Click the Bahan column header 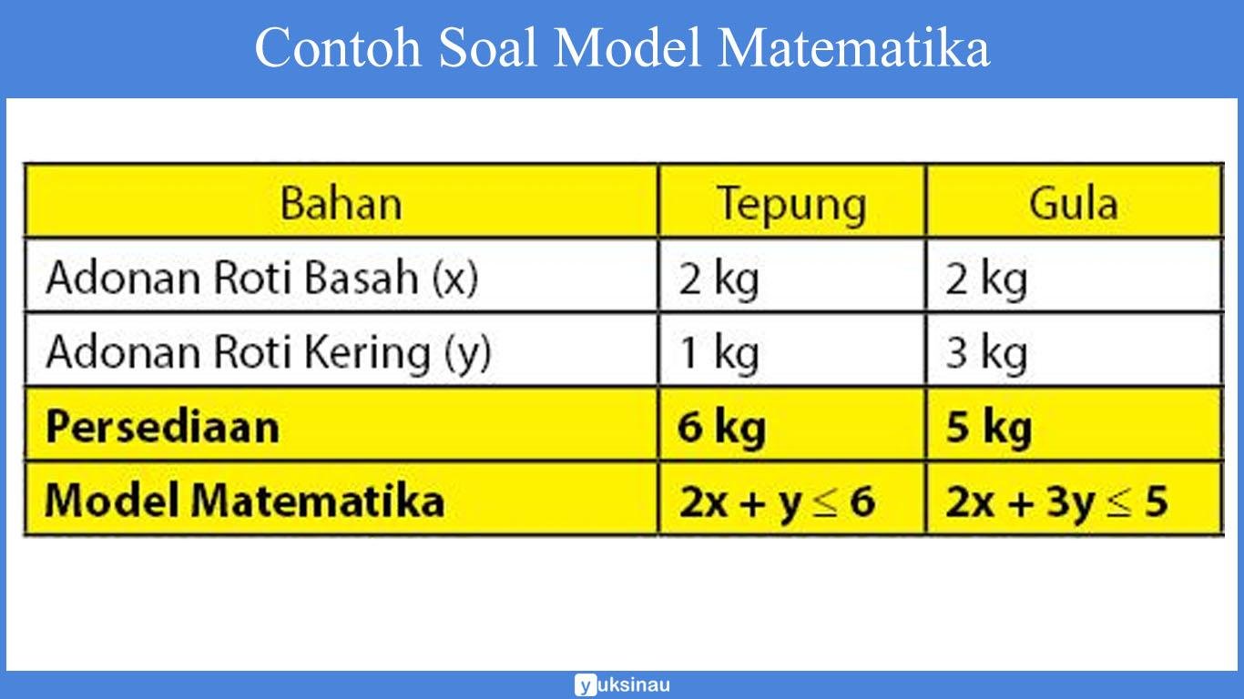point(341,203)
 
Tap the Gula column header point(1073,203)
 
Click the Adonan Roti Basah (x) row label point(261,278)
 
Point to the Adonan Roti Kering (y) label point(268,352)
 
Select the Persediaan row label point(162,426)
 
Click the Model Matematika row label point(244,500)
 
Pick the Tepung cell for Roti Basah point(718,279)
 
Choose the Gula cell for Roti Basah point(985,279)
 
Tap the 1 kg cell point(718,352)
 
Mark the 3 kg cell point(985,352)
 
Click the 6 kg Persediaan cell point(721,426)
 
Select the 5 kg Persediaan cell point(988,426)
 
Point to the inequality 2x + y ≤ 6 point(776,501)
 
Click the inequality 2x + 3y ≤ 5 point(1055,501)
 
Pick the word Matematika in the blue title point(853,47)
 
